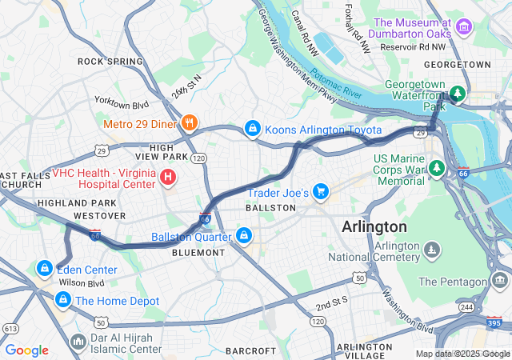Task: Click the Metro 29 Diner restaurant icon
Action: click(190, 123)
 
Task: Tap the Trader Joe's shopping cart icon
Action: click(321, 190)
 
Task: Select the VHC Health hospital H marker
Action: click(169, 177)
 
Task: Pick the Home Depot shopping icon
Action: click(61, 300)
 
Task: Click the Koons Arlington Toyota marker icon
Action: click(252, 129)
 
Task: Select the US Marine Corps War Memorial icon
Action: click(436, 168)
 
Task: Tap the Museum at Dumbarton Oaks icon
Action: click(462, 29)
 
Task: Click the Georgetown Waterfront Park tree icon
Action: click(457, 94)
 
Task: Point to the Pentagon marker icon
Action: click(500, 281)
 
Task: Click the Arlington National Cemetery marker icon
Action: click(432, 252)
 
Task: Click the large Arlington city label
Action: click(374, 226)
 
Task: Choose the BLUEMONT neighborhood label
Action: click(198, 252)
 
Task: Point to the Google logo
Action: click(26, 350)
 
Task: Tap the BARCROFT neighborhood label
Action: click(250, 350)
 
